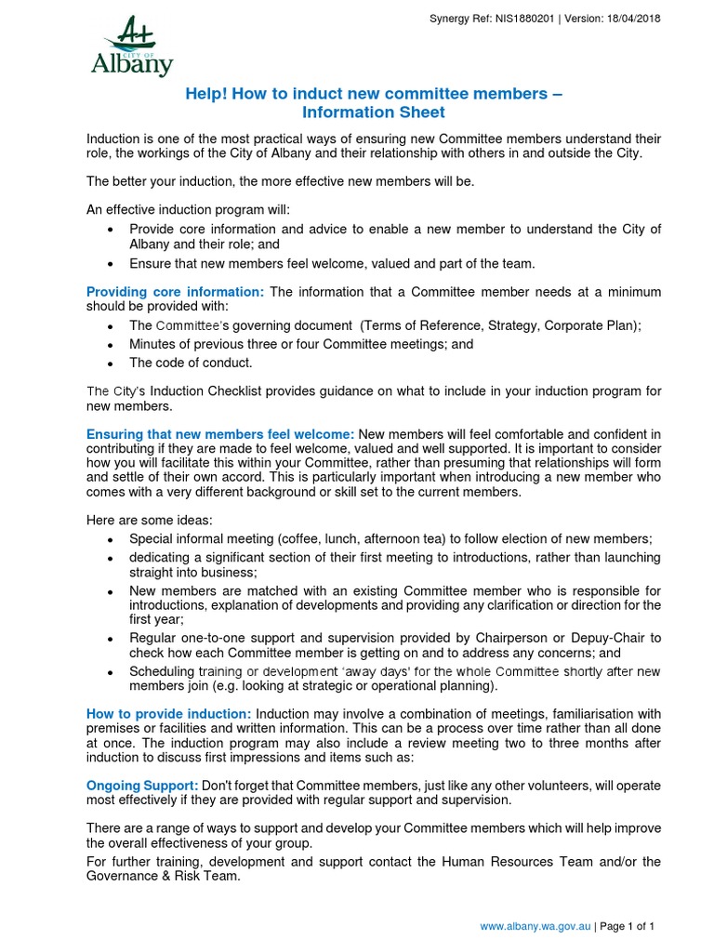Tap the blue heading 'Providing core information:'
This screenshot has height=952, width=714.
click(x=176, y=292)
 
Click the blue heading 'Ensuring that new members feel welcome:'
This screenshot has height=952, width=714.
click(x=220, y=434)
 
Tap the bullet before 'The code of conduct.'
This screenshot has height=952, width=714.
click(x=110, y=364)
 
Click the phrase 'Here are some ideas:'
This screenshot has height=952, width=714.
click(x=150, y=520)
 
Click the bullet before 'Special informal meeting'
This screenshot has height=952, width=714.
click(x=110, y=539)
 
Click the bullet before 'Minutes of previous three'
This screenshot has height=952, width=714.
click(x=110, y=345)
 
